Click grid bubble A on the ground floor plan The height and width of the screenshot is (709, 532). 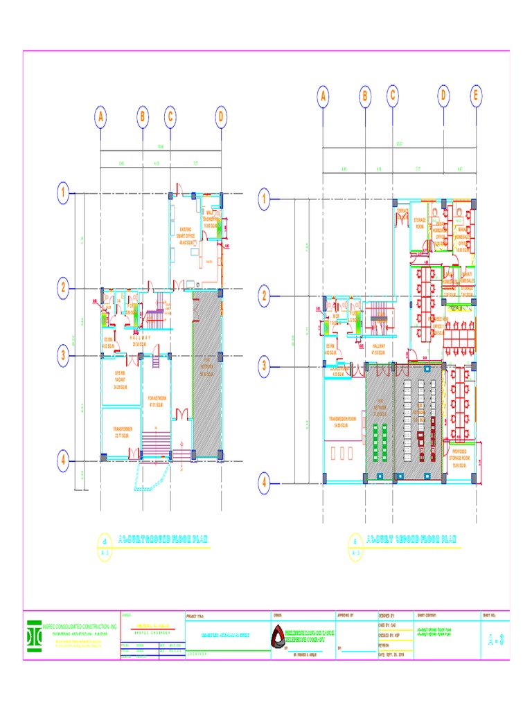[101, 117]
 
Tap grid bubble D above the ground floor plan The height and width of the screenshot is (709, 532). [221, 117]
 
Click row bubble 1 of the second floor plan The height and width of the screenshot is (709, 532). [264, 200]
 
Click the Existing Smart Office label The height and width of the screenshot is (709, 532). [186, 235]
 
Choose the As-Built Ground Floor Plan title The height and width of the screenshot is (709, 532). [163, 539]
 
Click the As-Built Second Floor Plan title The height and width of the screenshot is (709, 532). [411, 539]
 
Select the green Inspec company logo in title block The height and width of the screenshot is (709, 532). [33, 636]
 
